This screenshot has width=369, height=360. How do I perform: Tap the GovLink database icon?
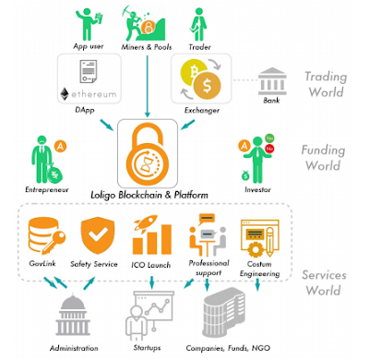43,238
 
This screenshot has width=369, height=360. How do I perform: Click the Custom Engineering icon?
256,237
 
